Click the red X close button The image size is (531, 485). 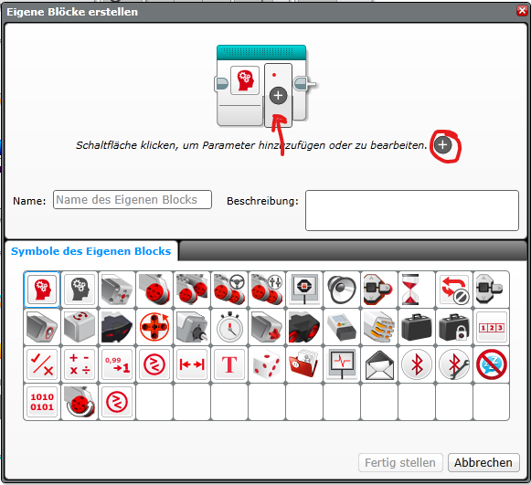pos(522,11)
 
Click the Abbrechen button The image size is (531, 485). pos(483,462)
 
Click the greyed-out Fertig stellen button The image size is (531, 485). pos(400,462)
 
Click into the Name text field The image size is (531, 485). pos(133,200)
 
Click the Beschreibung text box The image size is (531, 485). pos(412,210)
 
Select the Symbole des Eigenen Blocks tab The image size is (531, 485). pos(90,251)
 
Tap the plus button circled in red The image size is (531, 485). pos(442,145)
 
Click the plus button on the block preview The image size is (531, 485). pos(278,95)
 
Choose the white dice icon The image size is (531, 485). pos(267,364)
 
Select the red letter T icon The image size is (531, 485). pos(229,364)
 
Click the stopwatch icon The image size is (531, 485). pos(229,327)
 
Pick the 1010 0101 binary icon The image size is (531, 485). pos(42,402)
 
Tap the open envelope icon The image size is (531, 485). pos(379,364)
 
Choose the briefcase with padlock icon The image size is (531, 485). pos(454,327)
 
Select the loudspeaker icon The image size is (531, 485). pos(342,290)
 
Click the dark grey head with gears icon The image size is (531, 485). pos(80,290)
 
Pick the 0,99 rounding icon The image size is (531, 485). pos(117,364)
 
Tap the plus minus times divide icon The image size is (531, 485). pos(80,364)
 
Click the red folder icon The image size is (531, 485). pos(304,364)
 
